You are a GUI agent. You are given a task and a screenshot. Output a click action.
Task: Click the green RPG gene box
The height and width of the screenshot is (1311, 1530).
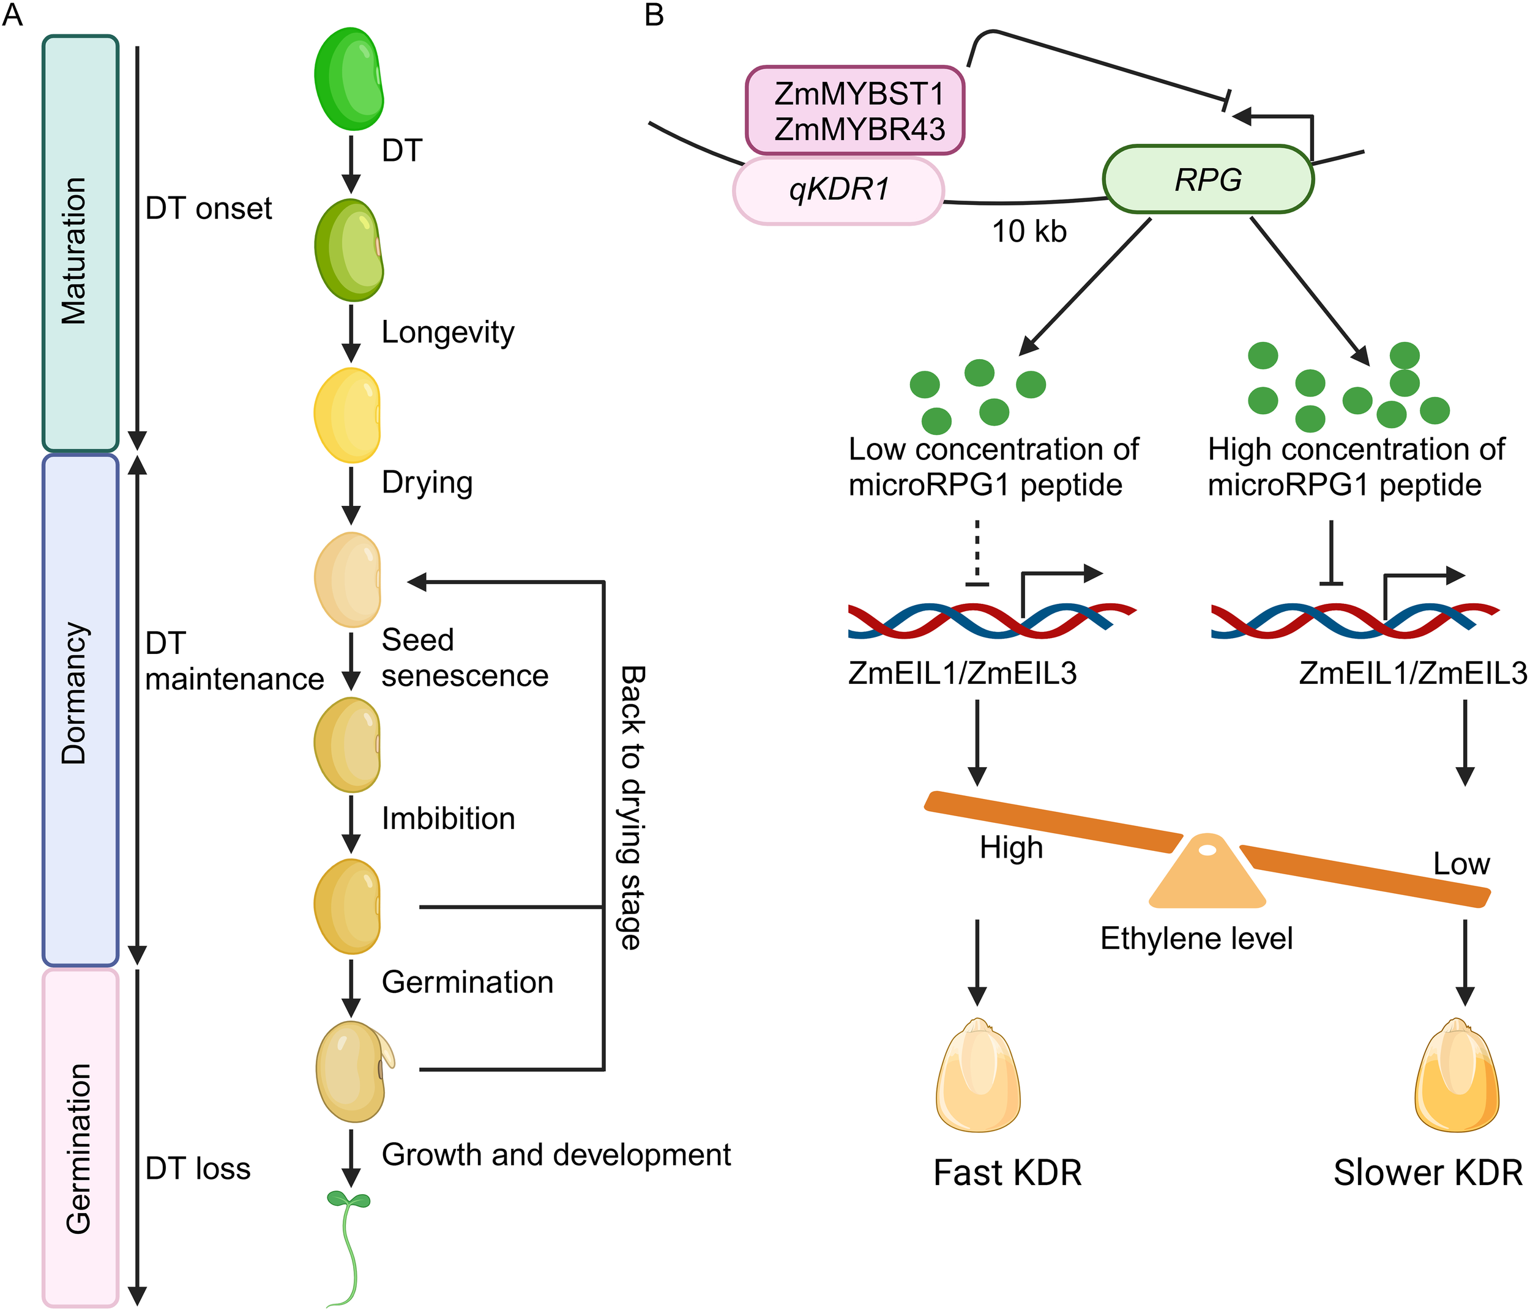click(x=1208, y=179)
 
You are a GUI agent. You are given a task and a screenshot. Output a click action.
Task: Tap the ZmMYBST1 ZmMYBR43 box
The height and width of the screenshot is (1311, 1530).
click(x=855, y=111)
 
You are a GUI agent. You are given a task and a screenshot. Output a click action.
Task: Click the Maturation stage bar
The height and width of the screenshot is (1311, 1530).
click(x=80, y=243)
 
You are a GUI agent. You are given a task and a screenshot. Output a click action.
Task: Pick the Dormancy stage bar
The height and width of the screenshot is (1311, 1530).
click(x=80, y=710)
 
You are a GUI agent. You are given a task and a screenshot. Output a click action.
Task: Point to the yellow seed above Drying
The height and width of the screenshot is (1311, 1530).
click(x=348, y=415)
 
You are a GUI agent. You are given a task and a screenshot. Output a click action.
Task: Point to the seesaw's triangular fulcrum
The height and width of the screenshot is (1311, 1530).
click(x=1207, y=875)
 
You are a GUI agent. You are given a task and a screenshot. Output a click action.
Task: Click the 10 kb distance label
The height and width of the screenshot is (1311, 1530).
click(x=1029, y=232)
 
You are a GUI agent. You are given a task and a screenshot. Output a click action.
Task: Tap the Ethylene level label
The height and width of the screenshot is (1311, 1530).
click(x=1196, y=939)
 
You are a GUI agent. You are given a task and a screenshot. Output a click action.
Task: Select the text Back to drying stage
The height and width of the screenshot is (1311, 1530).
click(x=632, y=807)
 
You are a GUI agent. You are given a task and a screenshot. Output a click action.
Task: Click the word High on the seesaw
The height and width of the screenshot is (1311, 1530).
click(x=1011, y=847)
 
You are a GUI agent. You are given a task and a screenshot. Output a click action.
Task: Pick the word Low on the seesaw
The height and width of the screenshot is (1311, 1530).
click(x=1461, y=864)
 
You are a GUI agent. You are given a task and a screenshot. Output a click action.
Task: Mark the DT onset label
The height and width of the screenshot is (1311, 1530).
click(x=208, y=209)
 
